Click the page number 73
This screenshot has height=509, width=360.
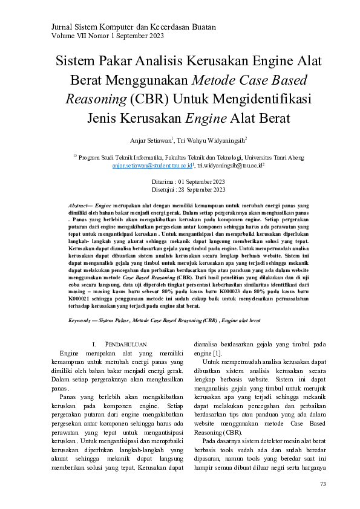(x=322, y=484)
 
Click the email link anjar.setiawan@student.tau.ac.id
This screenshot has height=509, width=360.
(x=152, y=164)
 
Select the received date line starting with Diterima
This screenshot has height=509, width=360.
(x=188, y=181)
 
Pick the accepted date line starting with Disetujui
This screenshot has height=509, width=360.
(x=188, y=189)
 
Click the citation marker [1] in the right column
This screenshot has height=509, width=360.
(x=217, y=353)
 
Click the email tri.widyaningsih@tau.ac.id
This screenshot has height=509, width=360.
(x=230, y=164)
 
